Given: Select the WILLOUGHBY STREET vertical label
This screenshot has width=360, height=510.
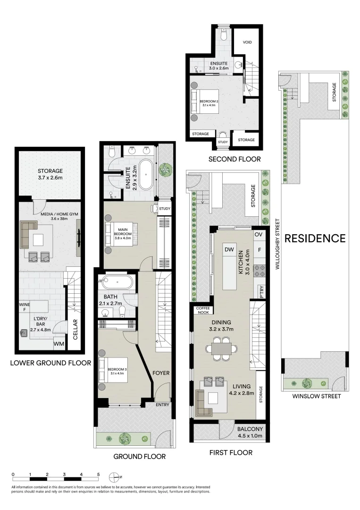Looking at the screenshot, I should (278, 244).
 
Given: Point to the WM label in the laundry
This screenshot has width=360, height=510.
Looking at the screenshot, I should (59, 344).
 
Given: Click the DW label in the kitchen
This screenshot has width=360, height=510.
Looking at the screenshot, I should (230, 249).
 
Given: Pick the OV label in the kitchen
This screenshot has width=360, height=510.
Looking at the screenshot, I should (258, 235).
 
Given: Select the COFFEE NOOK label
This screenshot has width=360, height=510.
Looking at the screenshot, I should (203, 310).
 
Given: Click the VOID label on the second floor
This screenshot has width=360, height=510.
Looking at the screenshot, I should (247, 42).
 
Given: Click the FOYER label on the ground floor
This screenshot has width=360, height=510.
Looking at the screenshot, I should (161, 373).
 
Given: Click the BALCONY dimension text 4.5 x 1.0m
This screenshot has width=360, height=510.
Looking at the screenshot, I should (250, 436).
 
